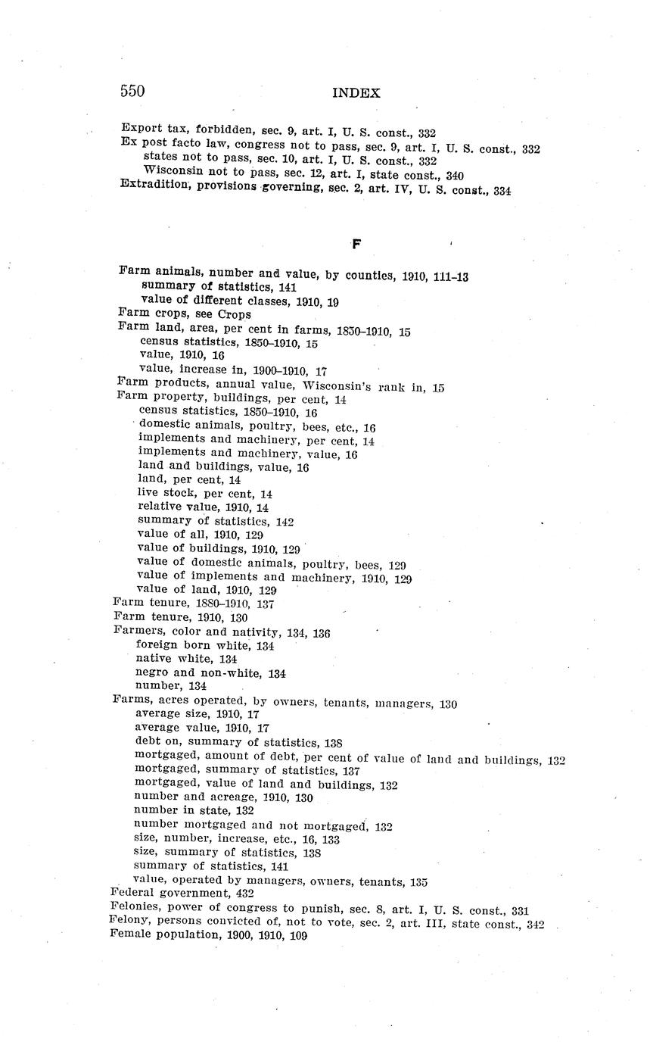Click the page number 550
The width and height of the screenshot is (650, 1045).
point(132,92)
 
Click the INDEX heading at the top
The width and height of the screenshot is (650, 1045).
point(356,93)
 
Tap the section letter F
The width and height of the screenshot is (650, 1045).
point(356,244)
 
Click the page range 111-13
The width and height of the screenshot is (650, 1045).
point(451,277)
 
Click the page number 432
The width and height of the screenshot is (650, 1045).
point(244,894)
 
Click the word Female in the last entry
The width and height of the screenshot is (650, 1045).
point(130,934)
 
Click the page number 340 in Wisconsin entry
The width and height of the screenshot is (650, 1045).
point(455,176)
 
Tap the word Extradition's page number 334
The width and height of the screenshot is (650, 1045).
point(502,192)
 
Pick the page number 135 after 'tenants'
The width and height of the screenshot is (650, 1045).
point(418,882)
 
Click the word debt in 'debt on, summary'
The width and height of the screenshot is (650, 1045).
point(148,741)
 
